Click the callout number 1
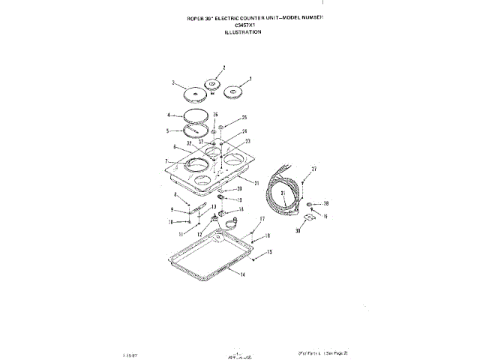click(250, 79)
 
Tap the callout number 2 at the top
click(223, 67)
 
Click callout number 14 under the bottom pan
click(243, 275)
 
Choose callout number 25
click(244, 118)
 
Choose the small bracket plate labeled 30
click(307, 217)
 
